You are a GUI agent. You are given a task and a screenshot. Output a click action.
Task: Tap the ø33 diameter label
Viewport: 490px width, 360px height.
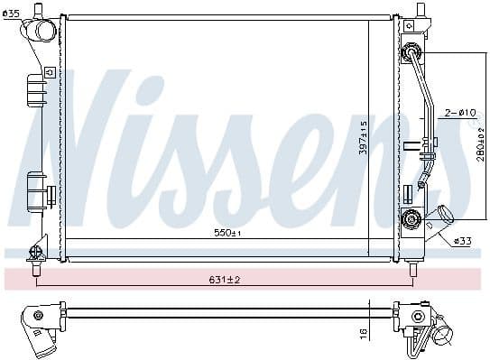click(x=463, y=241)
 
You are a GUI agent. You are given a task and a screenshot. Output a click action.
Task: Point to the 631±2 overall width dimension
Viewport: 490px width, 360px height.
click(x=223, y=281)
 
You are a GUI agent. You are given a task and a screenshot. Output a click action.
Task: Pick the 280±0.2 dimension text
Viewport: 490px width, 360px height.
click(x=478, y=143)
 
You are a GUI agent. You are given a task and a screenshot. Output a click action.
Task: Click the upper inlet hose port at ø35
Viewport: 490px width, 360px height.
click(x=42, y=31)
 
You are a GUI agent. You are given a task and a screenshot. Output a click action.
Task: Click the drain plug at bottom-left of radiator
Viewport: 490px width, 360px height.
click(x=37, y=252)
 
